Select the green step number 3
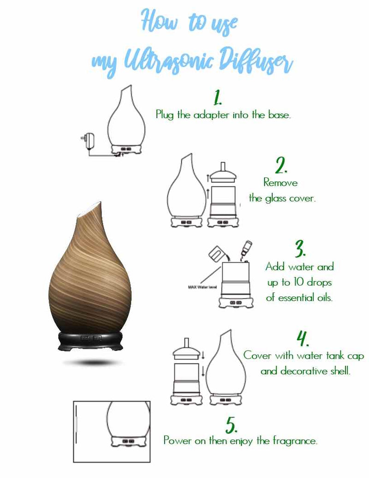point(300,249)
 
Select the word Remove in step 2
point(280,183)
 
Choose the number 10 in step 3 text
point(299,282)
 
